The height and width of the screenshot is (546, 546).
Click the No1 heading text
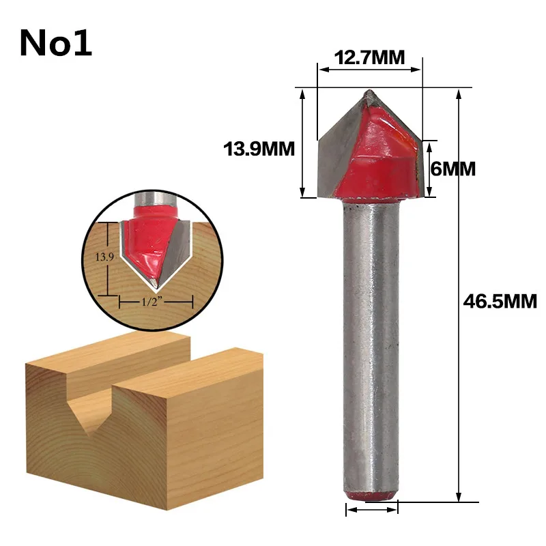[56, 43]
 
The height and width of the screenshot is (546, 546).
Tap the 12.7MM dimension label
[369, 57]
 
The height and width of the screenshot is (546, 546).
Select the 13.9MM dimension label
[259, 149]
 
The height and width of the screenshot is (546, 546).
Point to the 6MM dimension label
[453, 169]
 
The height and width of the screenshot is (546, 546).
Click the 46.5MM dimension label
[500, 302]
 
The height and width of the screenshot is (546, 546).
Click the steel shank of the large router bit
[371, 348]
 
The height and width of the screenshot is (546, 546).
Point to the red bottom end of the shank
[371, 496]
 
